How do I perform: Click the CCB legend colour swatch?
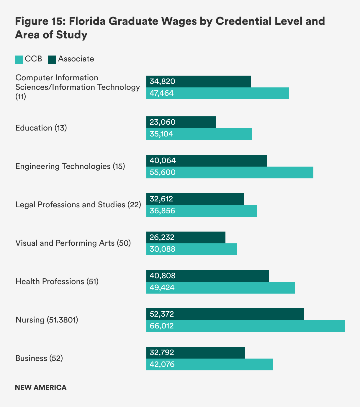tap(19, 60)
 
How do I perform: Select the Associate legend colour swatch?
tap(52, 60)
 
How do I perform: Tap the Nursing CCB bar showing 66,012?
tap(245, 326)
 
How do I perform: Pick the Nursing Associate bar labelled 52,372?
tap(225, 314)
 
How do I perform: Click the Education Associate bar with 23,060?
tap(181, 122)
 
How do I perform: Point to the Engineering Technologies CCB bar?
tap(230, 172)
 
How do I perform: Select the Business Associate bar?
tap(195, 353)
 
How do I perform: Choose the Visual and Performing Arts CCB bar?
tap(191, 249)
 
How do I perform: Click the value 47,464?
tap(162, 93)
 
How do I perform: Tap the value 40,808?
tap(163, 276)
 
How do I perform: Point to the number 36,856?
tap(162, 211)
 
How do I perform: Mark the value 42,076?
tap(162, 364)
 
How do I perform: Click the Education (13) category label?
tap(41, 128)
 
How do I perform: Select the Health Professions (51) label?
tap(57, 281)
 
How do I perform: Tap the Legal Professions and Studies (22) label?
tap(78, 205)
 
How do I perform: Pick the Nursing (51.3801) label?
tap(47, 320)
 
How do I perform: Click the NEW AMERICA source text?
tap(41, 388)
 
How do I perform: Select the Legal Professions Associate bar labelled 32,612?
tap(195, 199)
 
